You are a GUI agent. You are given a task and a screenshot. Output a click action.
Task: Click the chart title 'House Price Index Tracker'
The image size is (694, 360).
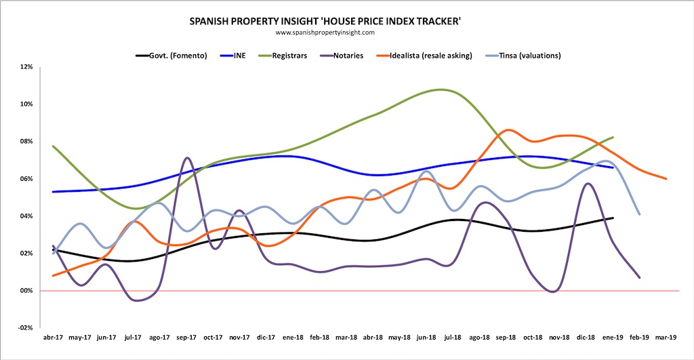pos(326,22)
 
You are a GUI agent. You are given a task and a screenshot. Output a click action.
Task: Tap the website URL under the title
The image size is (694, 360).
pos(326,32)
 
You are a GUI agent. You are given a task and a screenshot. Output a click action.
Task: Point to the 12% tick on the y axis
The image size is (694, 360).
pos(26,67)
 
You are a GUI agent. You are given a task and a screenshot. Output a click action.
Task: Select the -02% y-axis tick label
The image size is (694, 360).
pos(26,327)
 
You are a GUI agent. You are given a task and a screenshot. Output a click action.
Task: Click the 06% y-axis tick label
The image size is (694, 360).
pos(26,179)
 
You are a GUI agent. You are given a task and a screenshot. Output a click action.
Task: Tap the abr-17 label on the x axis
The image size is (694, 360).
pos(54,337)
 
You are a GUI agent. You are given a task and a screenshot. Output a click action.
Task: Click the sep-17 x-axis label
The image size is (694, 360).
pos(187,337)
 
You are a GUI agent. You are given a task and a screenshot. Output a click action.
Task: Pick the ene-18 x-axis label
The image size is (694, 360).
pos(293,337)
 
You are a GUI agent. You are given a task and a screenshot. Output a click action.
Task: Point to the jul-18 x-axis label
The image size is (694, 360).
pos(453,337)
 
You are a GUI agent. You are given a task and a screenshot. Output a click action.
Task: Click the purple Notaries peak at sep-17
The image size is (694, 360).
pos(187,158)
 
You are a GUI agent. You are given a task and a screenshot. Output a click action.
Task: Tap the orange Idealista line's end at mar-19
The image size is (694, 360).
pos(666,179)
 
